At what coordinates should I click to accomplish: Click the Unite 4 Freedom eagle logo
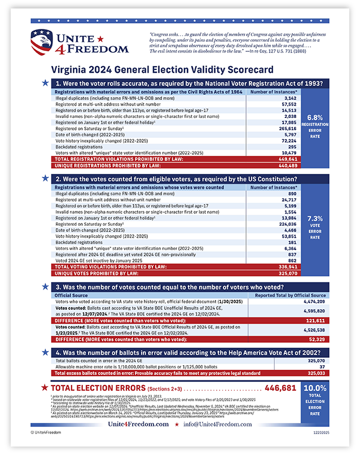coord(45,43)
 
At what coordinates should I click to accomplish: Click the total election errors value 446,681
coord(280,388)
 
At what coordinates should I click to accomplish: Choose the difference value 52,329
coord(315,339)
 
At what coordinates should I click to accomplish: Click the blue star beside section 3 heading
coord(45,287)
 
